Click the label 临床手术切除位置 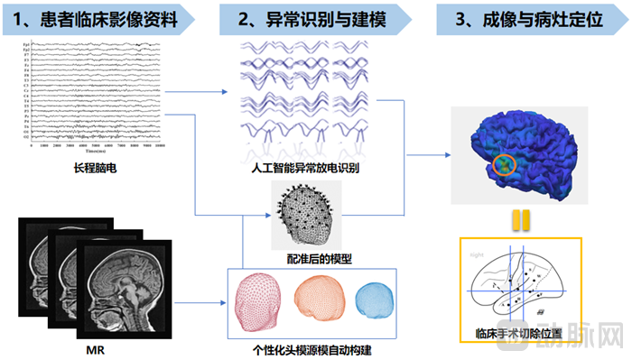coord(520,332)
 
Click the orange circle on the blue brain coord(506,164)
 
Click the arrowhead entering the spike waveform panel coord(227,91)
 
